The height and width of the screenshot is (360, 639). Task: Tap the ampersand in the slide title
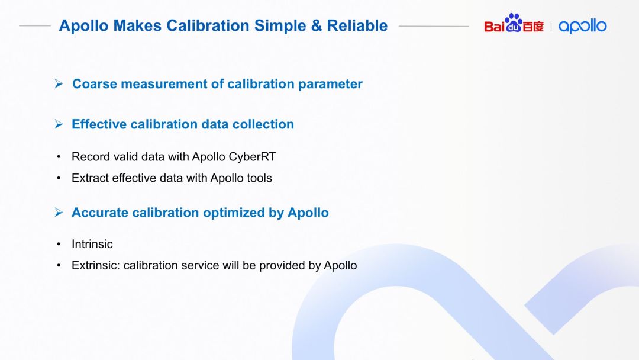(x=316, y=25)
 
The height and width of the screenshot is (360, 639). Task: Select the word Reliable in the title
(x=357, y=25)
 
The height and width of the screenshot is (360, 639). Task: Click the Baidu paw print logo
(x=514, y=22)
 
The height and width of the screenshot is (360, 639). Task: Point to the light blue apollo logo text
(x=582, y=26)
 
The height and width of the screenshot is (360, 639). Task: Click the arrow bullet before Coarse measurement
(x=59, y=83)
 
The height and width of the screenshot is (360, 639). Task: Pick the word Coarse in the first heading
(x=94, y=83)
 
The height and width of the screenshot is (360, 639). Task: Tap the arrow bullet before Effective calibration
(x=59, y=124)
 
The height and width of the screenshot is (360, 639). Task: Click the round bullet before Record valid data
(x=59, y=157)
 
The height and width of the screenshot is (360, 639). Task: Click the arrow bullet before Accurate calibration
(x=59, y=213)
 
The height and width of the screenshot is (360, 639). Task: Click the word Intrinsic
(x=92, y=244)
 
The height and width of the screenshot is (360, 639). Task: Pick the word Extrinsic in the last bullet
(x=96, y=265)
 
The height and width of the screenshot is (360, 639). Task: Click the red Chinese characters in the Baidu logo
(x=533, y=27)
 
